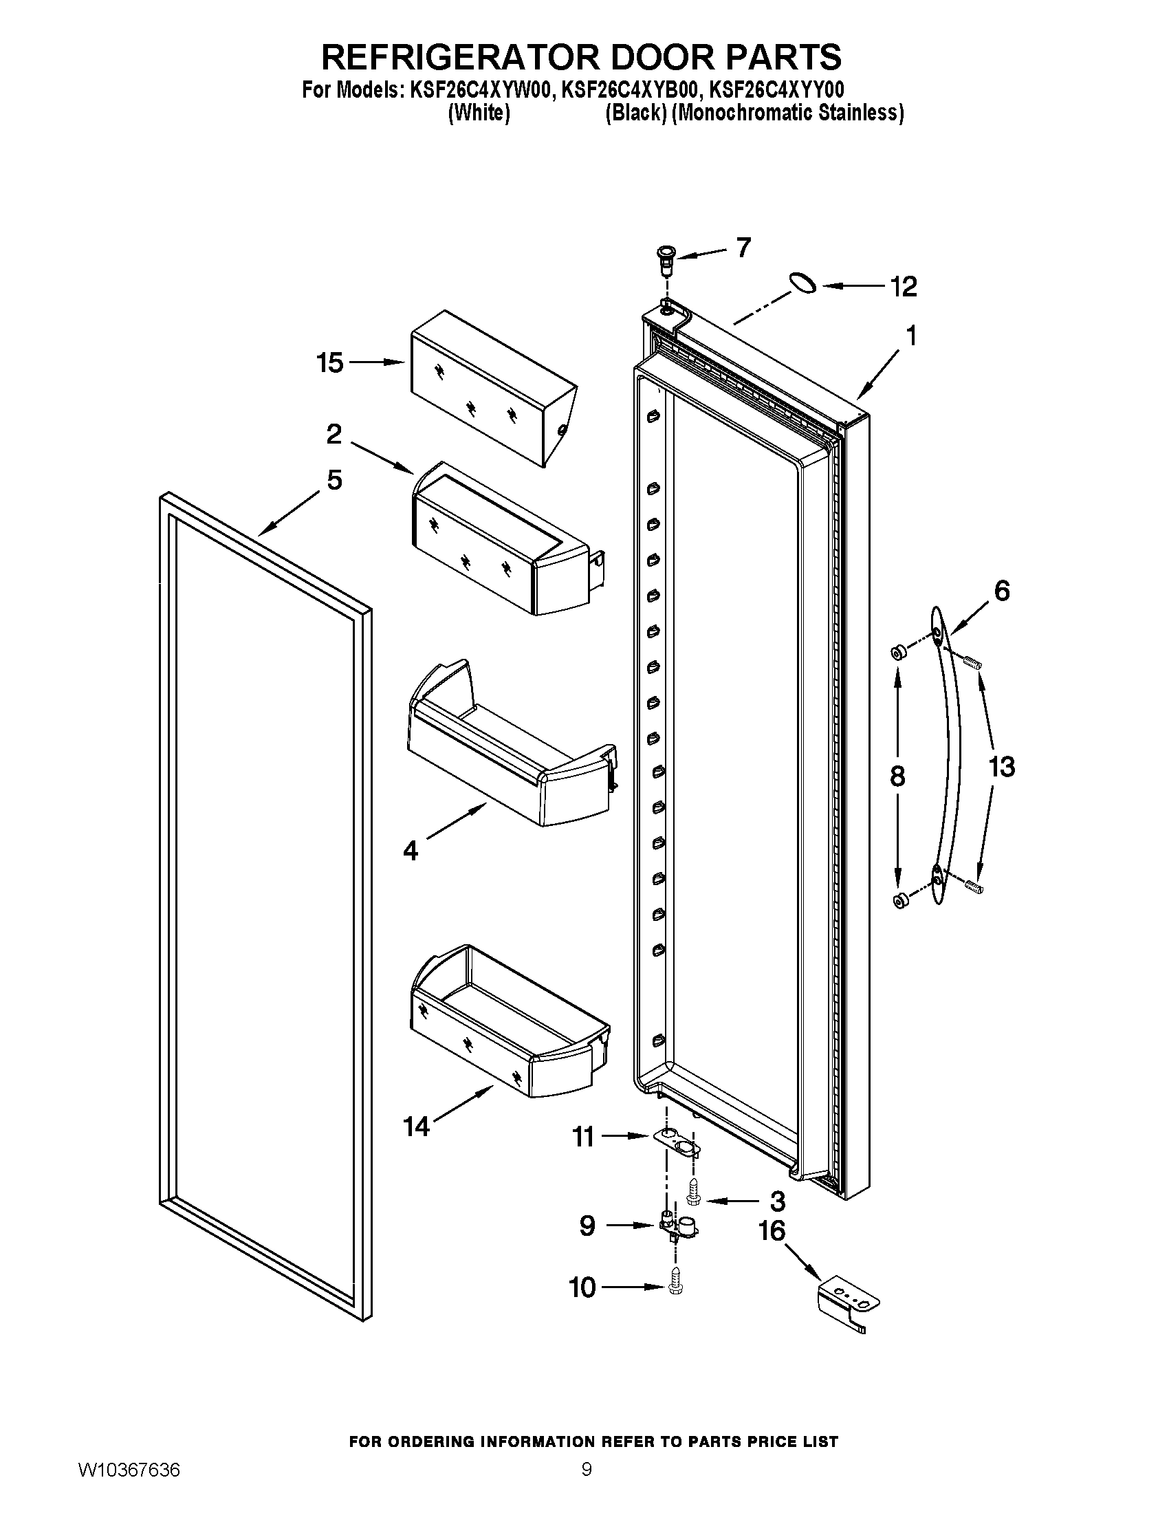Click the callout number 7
(743, 248)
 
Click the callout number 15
(330, 362)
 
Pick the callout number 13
(1001, 767)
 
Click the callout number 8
(897, 776)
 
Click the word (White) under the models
(479, 113)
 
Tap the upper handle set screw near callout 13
(972, 662)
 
